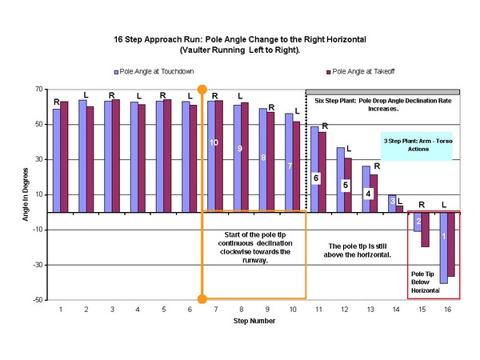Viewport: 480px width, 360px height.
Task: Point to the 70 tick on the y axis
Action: click(x=37, y=90)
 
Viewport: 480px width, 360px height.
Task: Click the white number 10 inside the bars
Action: click(x=214, y=142)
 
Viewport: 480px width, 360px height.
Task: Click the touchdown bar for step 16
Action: click(x=443, y=247)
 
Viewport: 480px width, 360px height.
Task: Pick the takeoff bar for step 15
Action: click(x=425, y=229)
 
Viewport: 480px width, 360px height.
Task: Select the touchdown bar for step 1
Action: click(x=56, y=160)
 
